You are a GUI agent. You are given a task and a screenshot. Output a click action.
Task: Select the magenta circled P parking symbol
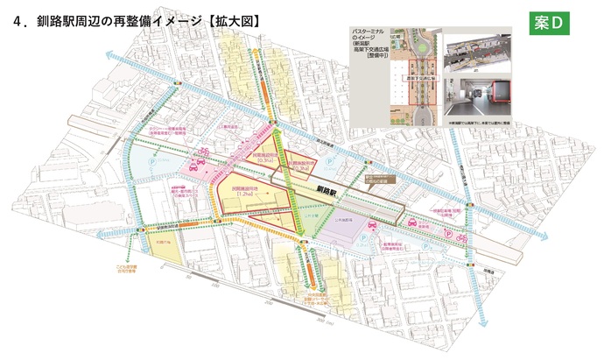(x=451, y=235)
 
